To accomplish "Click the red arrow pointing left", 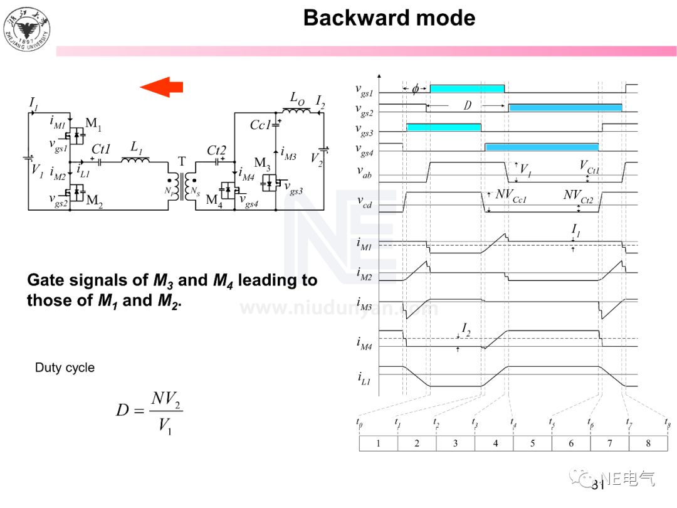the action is click(162, 87).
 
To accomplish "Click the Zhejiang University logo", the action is click(27, 28).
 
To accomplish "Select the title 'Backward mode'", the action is click(389, 18).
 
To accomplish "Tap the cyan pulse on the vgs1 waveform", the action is click(466, 88).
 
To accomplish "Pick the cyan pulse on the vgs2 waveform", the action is click(565, 107).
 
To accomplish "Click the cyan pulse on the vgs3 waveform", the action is click(443, 127).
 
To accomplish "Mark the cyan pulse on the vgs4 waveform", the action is click(542, 147).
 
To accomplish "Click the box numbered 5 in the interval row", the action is click(532, 443).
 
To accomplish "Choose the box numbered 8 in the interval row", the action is click(648, 443).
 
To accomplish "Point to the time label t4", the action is click(513, 423).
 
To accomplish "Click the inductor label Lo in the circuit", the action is click(297, 98).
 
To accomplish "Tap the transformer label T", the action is click(182, 161).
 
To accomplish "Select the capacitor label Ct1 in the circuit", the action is click(101, 149).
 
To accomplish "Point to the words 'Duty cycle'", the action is click(65, 368).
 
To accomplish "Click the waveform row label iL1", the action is click(364, 379).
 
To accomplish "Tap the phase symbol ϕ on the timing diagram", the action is click(415, 88).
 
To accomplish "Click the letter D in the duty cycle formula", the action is click(122, 411).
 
